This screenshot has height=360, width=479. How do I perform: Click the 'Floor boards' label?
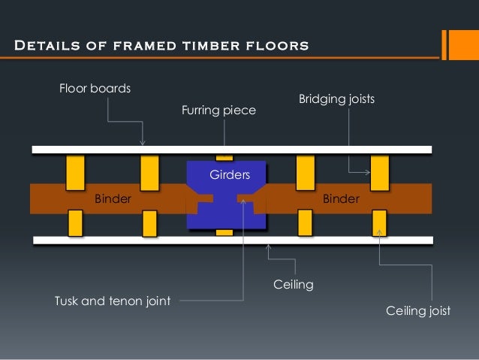coord(95,89)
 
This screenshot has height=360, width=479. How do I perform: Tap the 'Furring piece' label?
coord(218,110)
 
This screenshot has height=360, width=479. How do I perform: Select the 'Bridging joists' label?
coord(336,98)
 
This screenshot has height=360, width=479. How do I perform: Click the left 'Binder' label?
coord(113,199)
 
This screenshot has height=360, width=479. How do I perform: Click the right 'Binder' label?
coord(341,199)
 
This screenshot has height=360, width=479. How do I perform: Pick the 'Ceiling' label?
coord(294,285)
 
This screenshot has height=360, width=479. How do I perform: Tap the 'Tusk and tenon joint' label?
coord(113,301)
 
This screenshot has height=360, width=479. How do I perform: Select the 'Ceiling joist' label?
coord(417,310)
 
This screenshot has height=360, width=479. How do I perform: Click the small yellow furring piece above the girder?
coord(224,157)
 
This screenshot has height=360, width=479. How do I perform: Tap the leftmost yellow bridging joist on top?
coord(75,172)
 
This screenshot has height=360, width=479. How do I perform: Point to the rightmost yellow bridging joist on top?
coord(380,172)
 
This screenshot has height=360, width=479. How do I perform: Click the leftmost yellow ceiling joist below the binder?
coord(75,222)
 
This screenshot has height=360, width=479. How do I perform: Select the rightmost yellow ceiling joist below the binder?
coord(380,222)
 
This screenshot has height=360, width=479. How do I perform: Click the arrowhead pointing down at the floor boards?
coord(143,142)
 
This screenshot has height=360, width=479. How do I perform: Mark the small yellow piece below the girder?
coord(224,232)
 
